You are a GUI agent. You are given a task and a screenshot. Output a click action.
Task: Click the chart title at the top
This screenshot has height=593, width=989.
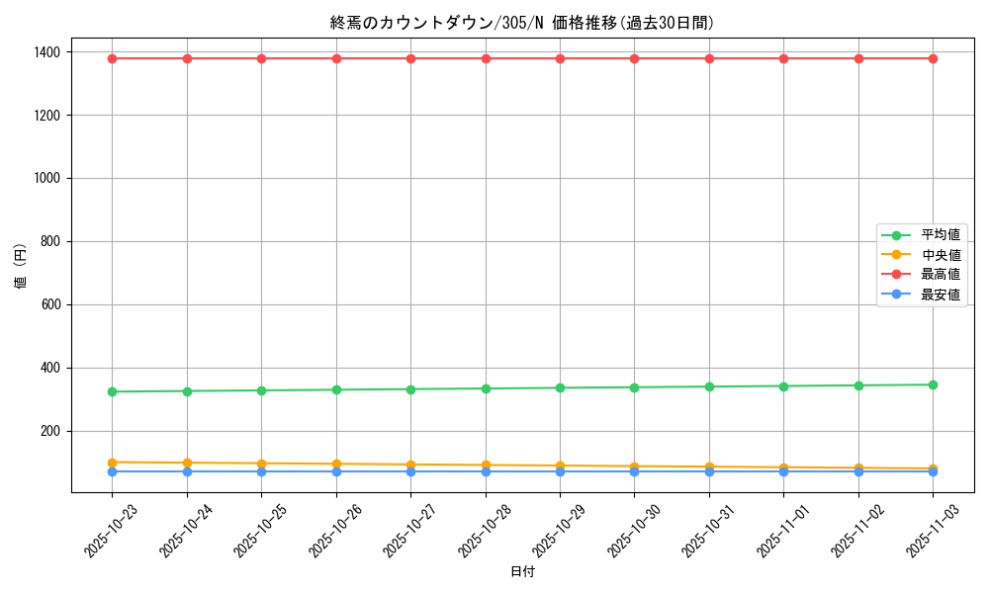(521, 23)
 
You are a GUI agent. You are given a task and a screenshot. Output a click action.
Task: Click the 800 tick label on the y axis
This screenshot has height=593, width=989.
(49, 241)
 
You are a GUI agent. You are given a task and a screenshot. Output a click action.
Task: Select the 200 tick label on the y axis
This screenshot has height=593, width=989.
(49, 431)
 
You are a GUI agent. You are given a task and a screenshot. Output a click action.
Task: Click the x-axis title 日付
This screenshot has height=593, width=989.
(522, 571)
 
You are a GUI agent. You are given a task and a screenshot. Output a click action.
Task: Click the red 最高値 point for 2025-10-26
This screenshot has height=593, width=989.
(336, 58)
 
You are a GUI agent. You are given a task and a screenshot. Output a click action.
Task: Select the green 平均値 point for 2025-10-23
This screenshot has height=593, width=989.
(112, 391)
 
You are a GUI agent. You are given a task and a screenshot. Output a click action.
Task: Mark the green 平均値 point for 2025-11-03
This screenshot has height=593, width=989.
(933, 384)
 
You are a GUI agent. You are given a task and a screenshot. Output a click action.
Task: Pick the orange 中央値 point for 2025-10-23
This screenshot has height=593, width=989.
(112, 463)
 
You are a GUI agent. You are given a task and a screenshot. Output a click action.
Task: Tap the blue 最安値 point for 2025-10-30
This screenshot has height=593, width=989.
(634, 471)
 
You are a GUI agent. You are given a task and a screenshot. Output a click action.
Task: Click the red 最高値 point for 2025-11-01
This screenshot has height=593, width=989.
(783, 58)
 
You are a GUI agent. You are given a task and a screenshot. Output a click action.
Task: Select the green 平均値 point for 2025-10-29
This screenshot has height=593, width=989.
(560, 387)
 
